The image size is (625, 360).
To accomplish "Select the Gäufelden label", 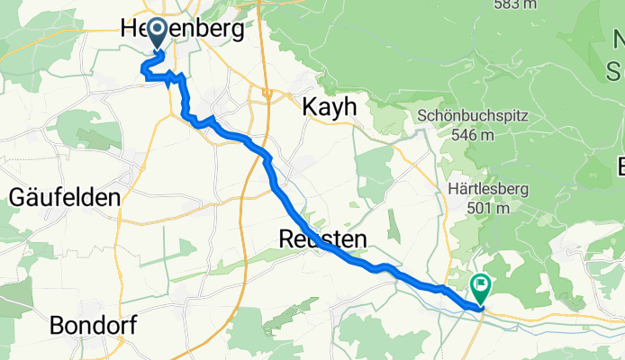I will (64, 196).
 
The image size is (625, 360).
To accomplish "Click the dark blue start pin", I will (158, 34).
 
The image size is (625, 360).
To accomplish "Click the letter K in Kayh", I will (306, 106).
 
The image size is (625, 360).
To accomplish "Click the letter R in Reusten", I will (286, 239).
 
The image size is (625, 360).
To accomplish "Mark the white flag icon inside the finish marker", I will (481, 285).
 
